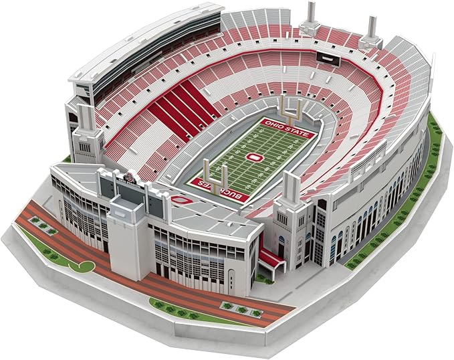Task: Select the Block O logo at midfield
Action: click(253, 157)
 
